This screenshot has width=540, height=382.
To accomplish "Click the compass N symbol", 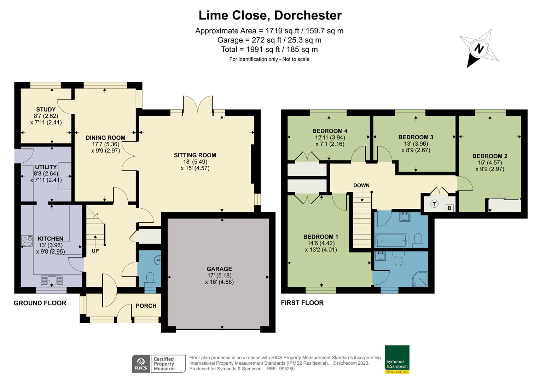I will click(479, 48).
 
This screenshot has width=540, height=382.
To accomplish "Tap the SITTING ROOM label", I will click(195, 155).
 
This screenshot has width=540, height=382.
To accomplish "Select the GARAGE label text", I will click(219, 269).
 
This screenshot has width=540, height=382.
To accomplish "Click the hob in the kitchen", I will click(27, 241).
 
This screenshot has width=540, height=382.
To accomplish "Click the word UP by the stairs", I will click(95, 251).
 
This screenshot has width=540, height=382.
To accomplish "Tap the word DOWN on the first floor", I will click(361, 185).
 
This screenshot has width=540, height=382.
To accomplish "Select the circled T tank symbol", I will click(435, 204).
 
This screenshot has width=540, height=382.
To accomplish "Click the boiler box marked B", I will click(449, 208).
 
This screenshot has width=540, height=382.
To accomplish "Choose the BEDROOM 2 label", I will click(490, 156).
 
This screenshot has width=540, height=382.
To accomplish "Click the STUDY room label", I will click(46, 110).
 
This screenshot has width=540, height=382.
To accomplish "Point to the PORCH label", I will click(146, 306).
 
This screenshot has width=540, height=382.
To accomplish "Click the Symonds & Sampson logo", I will click(397, 359).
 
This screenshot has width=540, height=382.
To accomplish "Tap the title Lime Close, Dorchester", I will click(270, 15).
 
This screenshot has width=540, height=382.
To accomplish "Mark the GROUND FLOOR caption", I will click(40, 303).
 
